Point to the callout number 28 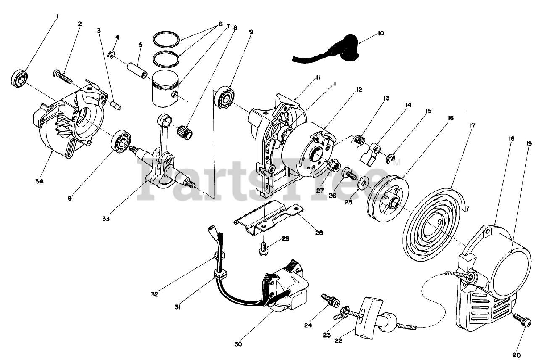(319, 232)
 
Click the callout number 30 (238, 344)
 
